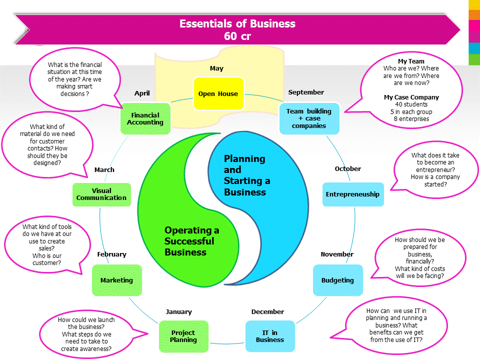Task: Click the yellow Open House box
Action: (x=218, y=93)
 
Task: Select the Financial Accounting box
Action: (x=145, y=119)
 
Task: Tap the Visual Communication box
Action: (x=101, y=194)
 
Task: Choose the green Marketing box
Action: (x=116, y=280)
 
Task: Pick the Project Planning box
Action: (x=183, y=336)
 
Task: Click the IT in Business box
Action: (x=270, y=336)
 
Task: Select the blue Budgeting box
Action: (x=337, y=280)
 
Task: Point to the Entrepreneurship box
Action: (x=352, y=194)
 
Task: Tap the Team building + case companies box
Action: (x=309, y=118)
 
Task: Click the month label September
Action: (x=306, y=92)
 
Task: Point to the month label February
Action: (x=111, y=254)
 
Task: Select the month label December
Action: (x=267, y=311)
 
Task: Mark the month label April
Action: (x=142, y=93)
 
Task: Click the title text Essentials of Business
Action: (x=237, y=23)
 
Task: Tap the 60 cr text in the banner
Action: (x=237, y=36)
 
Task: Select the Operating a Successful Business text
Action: (x=192, y=241)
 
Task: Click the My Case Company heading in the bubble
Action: (x=411, y=97)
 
